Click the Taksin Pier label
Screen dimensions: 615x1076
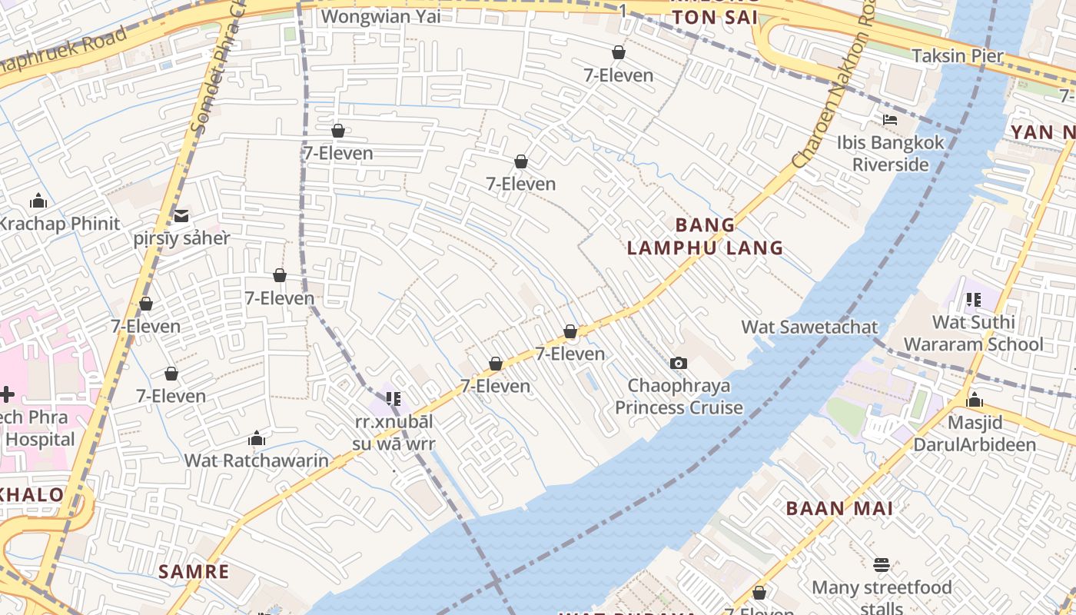click(958, 55)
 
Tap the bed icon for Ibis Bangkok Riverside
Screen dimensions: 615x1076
click(890, 120)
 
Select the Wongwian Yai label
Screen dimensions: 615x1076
click(380, 16)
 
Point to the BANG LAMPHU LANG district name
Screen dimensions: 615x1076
click(705, 236)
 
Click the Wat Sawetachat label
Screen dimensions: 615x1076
click(809, 327)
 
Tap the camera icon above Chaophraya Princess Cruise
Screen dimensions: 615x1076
click(678, 363)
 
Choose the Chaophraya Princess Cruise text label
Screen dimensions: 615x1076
click(679, 396)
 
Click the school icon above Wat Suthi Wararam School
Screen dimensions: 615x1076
click(973, 300)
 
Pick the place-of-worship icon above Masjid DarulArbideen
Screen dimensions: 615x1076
click(975, 400)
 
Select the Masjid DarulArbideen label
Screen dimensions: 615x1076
click(975, 433)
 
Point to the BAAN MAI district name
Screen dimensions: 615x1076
click(839, 508)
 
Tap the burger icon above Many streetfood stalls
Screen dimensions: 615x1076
click(882, 565)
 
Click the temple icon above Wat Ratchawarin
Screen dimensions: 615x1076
click(257, 439)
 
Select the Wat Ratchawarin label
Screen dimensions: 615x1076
click(256, 461)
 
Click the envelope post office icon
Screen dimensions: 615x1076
click(181, 216)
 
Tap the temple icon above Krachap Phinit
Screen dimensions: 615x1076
click(38, 201)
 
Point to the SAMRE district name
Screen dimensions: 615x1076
click(194, 571)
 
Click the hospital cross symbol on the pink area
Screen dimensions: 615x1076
click(6, 395)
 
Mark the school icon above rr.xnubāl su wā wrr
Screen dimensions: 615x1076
click(394, 399)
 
